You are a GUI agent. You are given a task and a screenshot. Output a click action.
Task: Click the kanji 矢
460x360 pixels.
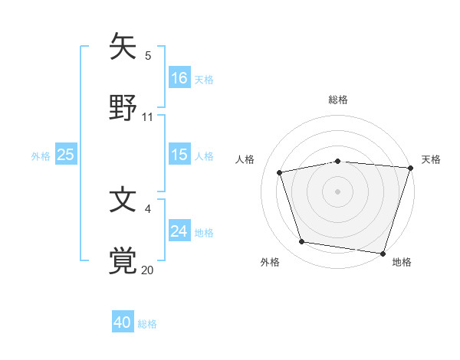tap(123, 46)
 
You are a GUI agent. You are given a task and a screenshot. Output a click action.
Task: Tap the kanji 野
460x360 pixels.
tap(123, 108)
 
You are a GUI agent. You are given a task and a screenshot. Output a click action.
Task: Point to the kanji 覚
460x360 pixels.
tap(123, 260)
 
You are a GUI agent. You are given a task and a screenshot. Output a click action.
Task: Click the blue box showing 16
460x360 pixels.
tap(179, 77)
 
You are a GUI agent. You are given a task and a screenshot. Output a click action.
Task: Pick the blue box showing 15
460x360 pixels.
tap(179, 155)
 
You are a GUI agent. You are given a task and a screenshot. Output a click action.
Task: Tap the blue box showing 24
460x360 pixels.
tap(179, 231)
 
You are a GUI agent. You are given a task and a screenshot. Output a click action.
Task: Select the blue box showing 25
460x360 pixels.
tap(66, 155)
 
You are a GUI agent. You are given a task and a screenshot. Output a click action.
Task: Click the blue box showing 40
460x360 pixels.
tap(123, 322)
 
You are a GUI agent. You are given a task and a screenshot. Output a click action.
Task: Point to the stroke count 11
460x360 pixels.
tap(148, 117)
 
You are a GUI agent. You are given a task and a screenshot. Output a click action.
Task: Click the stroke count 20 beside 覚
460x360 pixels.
tap(148, 270)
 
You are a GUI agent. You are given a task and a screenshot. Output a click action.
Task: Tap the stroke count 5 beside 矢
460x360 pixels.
tap(148, 55)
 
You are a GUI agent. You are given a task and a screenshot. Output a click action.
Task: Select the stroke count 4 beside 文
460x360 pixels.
tap(148, 208)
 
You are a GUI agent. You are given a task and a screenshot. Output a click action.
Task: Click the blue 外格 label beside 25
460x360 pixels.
tap(41, 155)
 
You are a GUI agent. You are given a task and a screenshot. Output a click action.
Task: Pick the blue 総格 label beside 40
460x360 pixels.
tap(147, 324)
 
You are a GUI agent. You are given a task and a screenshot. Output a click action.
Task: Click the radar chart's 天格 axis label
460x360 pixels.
tap(431, 159)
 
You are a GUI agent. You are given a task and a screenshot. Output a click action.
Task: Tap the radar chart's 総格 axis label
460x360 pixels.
tap(337, 100)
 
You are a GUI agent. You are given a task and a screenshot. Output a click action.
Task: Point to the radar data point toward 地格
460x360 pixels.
tap(383, 253)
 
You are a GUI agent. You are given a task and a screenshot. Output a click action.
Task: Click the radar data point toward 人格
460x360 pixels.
tap(281, 172)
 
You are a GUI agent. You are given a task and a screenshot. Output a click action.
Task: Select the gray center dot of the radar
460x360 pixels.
tap(337, 191)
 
